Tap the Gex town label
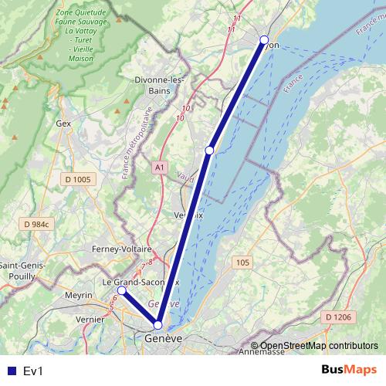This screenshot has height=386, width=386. (x=63, y=123)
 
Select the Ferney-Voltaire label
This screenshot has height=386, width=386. (x=120, y=249)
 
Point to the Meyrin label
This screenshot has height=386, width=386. (x=79, y=296)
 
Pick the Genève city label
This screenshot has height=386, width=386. (x=163, y=339)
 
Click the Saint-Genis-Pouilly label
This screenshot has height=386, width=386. (x=23, y=271)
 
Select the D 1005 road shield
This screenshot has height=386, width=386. (x=77, y=180)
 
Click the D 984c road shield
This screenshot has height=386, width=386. (x=36, y=224)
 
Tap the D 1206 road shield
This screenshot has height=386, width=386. (x=338, y=317)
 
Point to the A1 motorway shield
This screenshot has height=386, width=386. (x=159, y=167)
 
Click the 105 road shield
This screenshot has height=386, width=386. (x=242, y=263)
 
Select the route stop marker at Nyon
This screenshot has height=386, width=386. (x=264, y=39)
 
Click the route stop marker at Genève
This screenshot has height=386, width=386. (x=157, y=325)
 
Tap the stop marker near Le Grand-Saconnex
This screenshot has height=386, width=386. (x=121, y=291)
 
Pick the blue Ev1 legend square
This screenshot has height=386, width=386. (x=10, y=371)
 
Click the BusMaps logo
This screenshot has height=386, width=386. (x=349, y=371)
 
